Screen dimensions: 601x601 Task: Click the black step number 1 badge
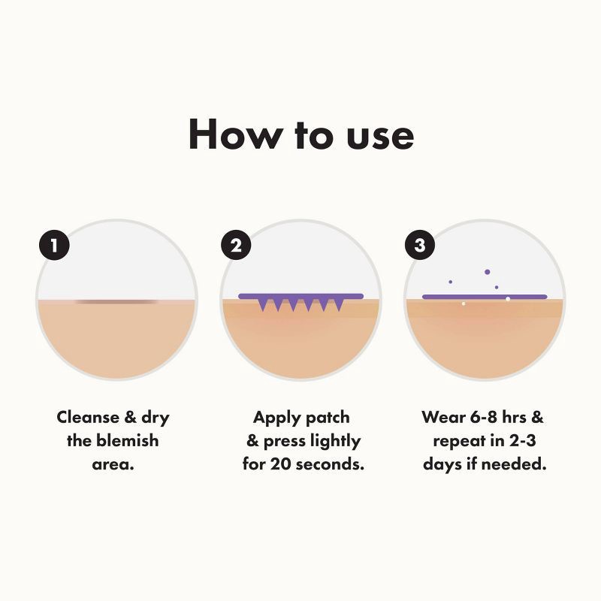[54, 246]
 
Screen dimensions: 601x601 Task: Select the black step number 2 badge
[236, 246]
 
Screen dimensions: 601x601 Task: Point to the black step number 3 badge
[420, 246]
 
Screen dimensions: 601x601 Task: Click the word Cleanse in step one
[88, 418]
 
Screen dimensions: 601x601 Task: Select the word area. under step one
[113, 464]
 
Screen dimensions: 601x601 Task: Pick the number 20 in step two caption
[281, 464]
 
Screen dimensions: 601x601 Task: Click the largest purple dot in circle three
[487, 272]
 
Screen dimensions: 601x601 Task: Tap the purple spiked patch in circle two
[300, 300]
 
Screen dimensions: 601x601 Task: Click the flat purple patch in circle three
[485, 297]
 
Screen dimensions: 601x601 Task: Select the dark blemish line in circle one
[117, 302]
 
